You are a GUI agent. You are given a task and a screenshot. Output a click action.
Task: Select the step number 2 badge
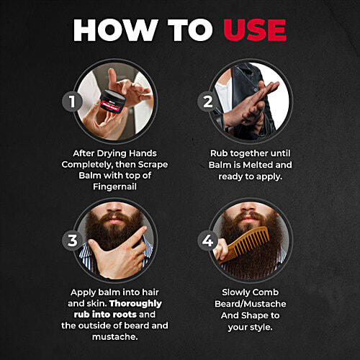(207, 101)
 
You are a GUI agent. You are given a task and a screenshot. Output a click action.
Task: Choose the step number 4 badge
(207, 240)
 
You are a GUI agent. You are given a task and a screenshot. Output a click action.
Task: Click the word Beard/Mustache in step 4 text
(252, 303)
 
